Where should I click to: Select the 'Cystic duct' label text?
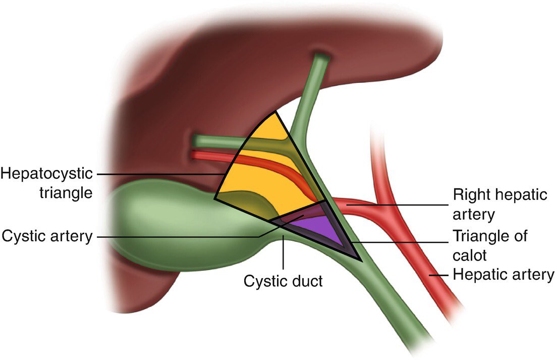[x=283, y=280]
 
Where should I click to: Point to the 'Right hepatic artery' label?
[x=499, y=204]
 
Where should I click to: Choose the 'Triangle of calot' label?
[x=489, y=245]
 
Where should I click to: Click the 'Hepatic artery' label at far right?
[x=503, y=275]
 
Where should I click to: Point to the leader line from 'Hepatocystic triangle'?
[x=161, y=174]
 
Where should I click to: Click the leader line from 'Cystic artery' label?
[x=177, y=236]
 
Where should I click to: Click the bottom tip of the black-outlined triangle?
[x=360, y=261]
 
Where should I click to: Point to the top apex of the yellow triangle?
[x=276, y=112]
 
